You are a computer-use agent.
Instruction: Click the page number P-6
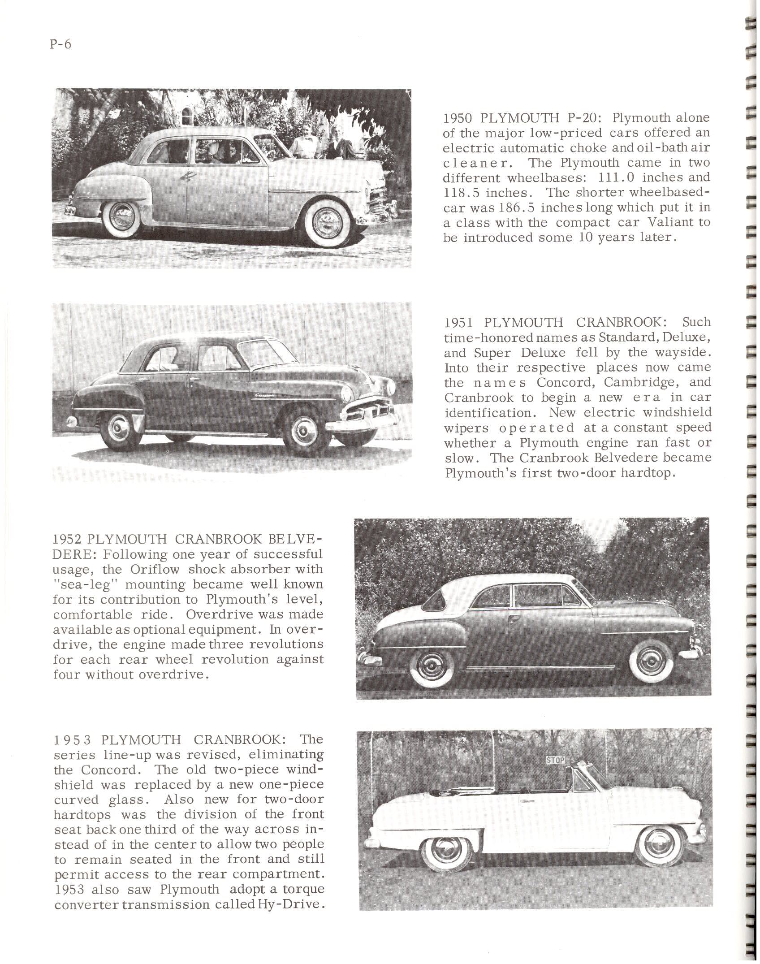[x=62, y=45]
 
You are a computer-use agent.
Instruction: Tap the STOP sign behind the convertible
[x=555, y=760]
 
